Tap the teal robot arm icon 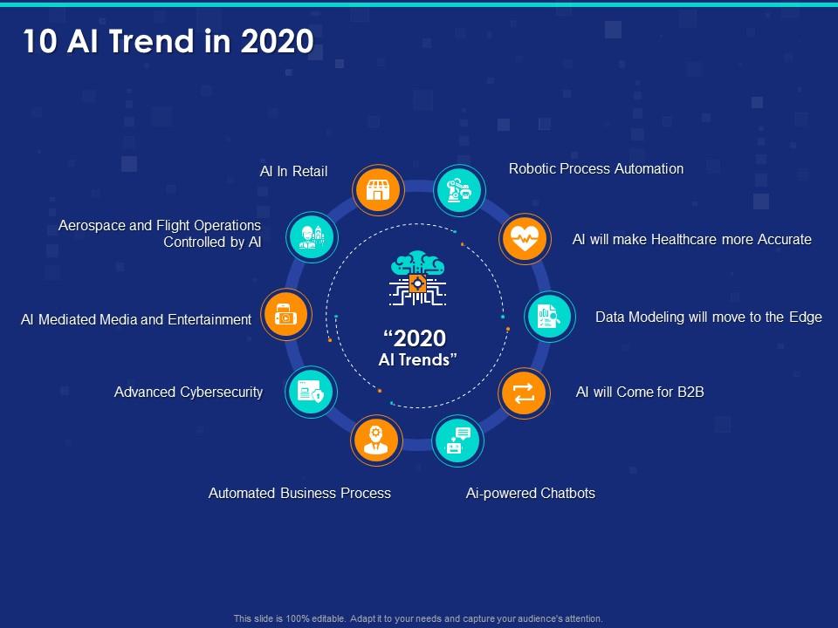pos(459,188)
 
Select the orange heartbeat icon pos(525,238)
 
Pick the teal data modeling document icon pos(549,317)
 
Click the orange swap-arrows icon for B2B pos(525,394)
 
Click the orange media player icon pos(285,314)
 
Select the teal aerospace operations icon pos(311,235)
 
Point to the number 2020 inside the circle pos(416,338)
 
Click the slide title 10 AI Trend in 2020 pos(168,41)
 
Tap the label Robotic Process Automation pos(596,168)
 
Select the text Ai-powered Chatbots pos(531,493)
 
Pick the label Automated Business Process pos(299,493)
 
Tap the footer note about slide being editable pos(418,618)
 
